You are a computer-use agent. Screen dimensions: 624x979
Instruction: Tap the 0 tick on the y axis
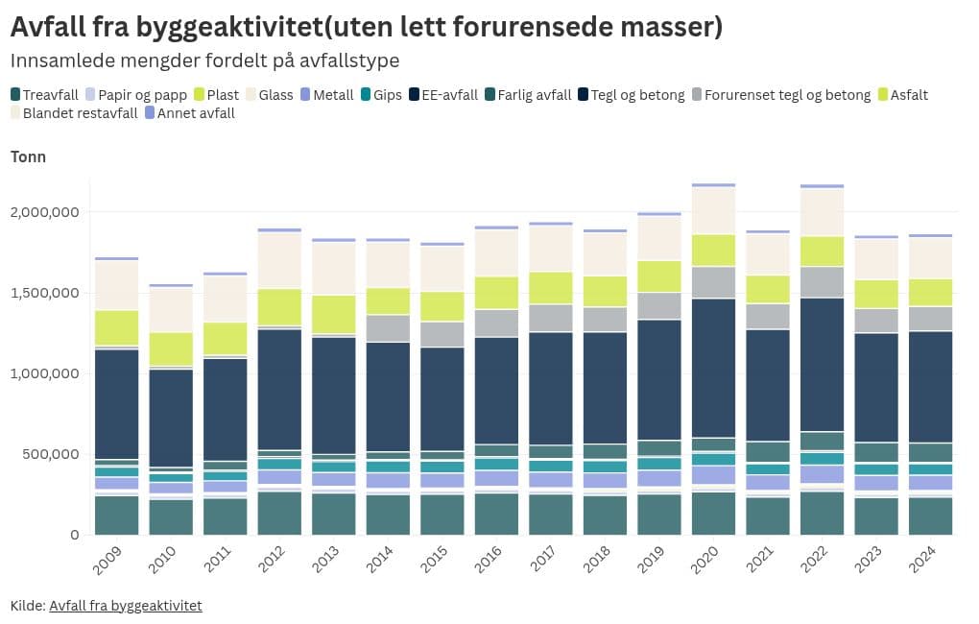tap(73, 535)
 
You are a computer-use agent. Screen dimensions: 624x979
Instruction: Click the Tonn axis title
tap(28, 157)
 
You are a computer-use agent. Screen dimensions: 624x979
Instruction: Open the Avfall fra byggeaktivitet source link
tap(126, 606)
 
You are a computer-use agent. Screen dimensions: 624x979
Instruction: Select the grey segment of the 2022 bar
tap(822, 282)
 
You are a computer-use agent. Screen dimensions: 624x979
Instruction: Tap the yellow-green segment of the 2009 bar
tap(115, 327)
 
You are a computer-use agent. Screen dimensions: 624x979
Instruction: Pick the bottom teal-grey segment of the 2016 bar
tap(496, 514)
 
